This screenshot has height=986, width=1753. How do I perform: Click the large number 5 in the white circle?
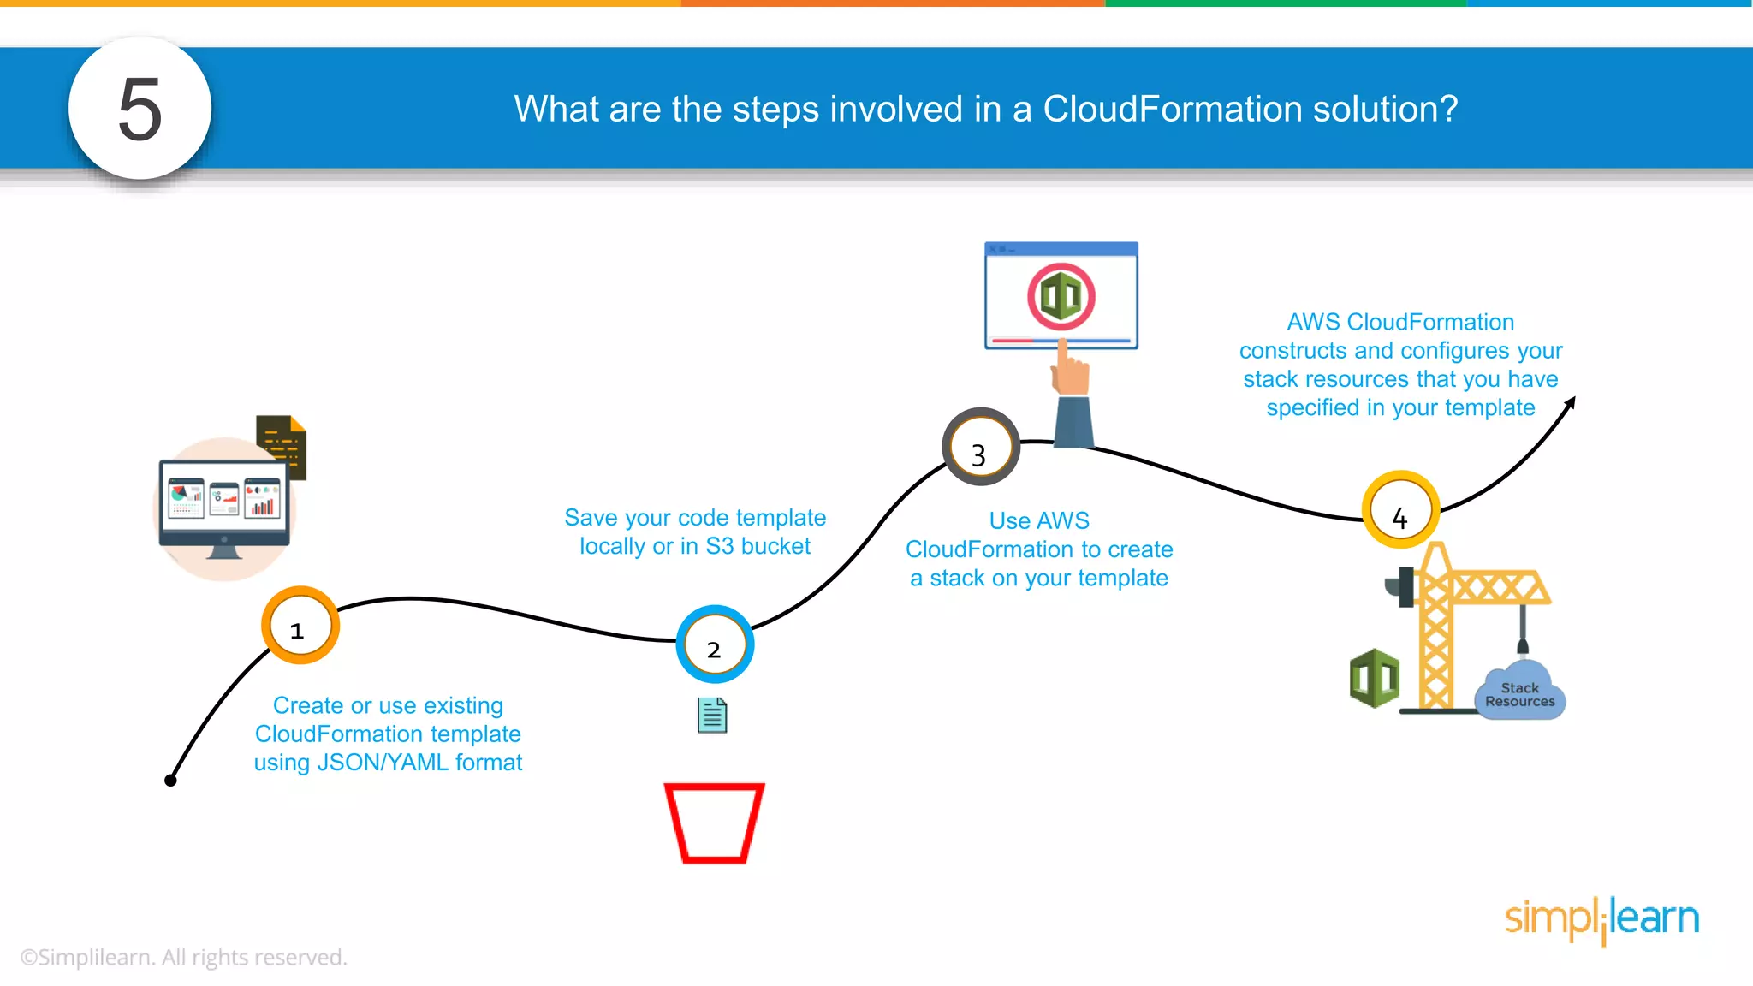140,109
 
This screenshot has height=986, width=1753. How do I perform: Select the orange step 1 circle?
300,626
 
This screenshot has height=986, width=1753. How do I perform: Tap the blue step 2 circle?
715,644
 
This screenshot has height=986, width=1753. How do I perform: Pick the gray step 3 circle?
980,447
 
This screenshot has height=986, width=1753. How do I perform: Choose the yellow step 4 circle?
1400,510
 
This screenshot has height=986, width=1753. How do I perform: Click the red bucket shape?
714,823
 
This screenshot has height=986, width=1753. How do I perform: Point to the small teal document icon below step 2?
712,716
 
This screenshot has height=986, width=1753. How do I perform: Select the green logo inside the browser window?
1061,297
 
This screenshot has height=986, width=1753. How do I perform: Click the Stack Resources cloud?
1519,694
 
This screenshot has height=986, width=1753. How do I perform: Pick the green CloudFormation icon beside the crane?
1374,678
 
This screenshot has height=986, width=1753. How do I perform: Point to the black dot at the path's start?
170,780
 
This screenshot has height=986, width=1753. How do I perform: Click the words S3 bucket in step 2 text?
758,546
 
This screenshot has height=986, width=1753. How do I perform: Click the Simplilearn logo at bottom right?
1601,919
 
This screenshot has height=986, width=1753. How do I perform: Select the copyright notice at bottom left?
183,957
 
